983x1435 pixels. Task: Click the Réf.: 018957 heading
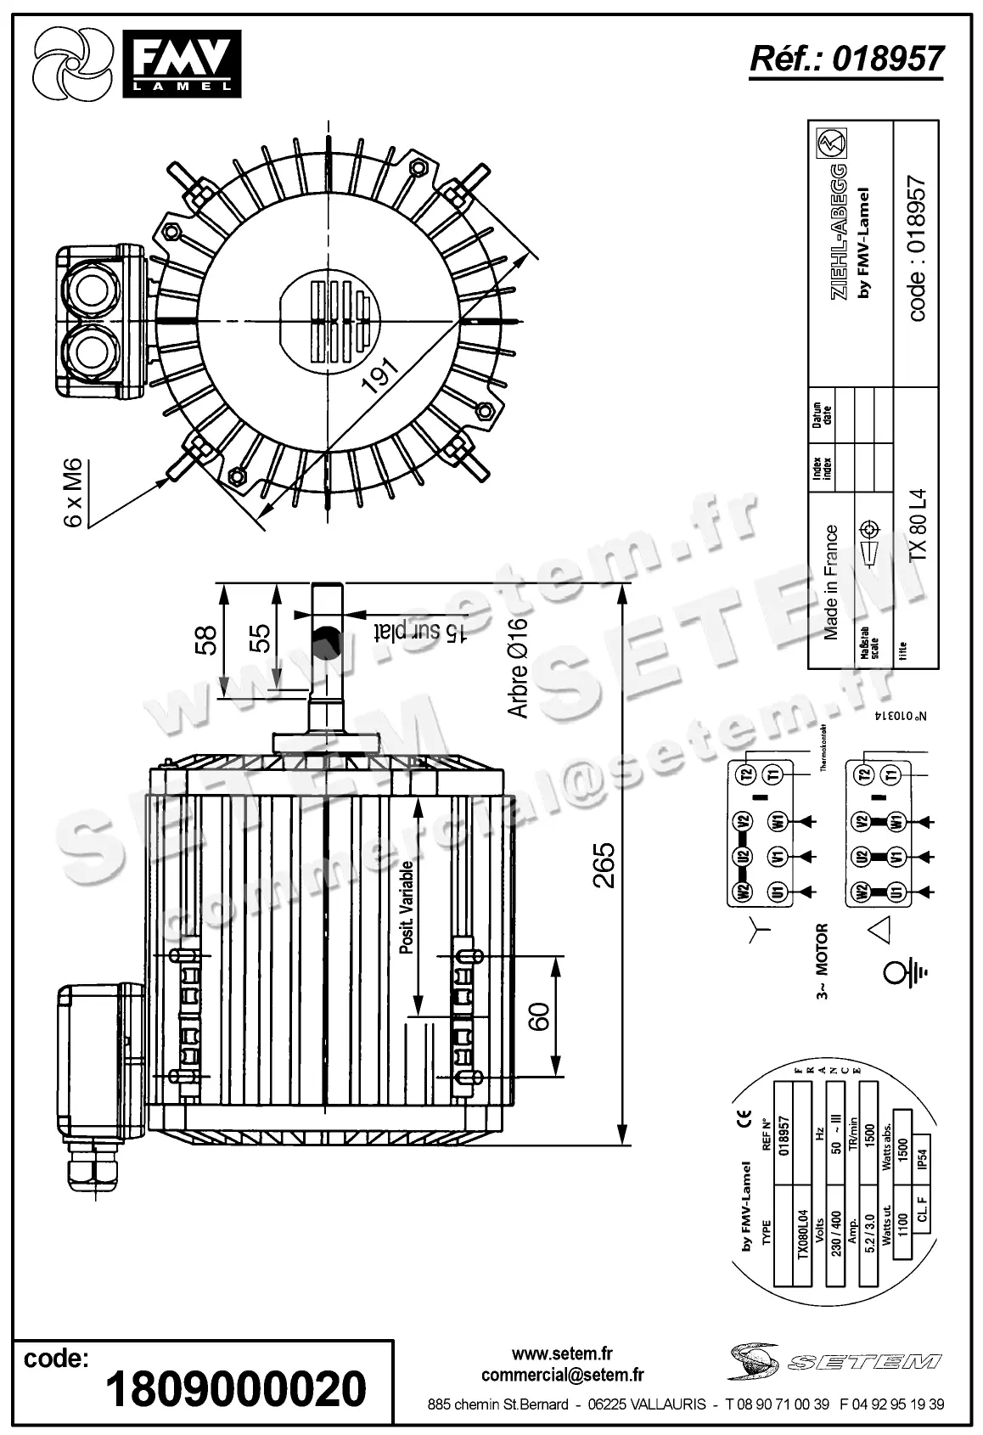[846, 58]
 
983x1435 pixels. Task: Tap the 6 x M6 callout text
[74, 492]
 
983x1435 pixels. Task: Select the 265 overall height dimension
[604, 864]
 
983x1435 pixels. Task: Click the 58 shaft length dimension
[206, 639]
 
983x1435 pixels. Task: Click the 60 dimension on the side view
[539, 1016]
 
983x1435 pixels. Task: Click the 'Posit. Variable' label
[407, 907]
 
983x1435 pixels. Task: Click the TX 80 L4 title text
[918, 523]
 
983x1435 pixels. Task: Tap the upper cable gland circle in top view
[87, 289]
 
